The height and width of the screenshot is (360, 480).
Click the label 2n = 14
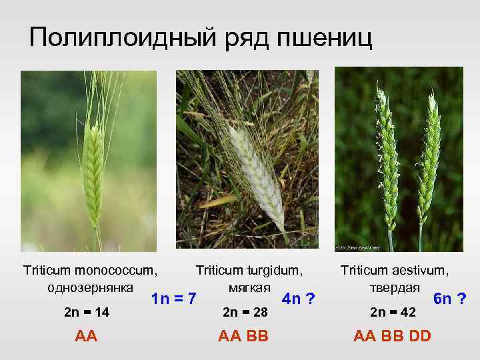(86, 312)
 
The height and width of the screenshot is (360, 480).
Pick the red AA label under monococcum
(86, 335)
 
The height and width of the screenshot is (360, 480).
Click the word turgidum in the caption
(273, 271)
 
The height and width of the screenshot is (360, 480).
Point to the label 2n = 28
(245, 312)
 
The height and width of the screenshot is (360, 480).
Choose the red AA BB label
(243, 335)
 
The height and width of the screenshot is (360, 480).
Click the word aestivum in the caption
(419, 271)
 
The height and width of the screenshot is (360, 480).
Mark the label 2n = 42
(393, 312)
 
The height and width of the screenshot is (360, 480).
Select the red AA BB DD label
(393, 335)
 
